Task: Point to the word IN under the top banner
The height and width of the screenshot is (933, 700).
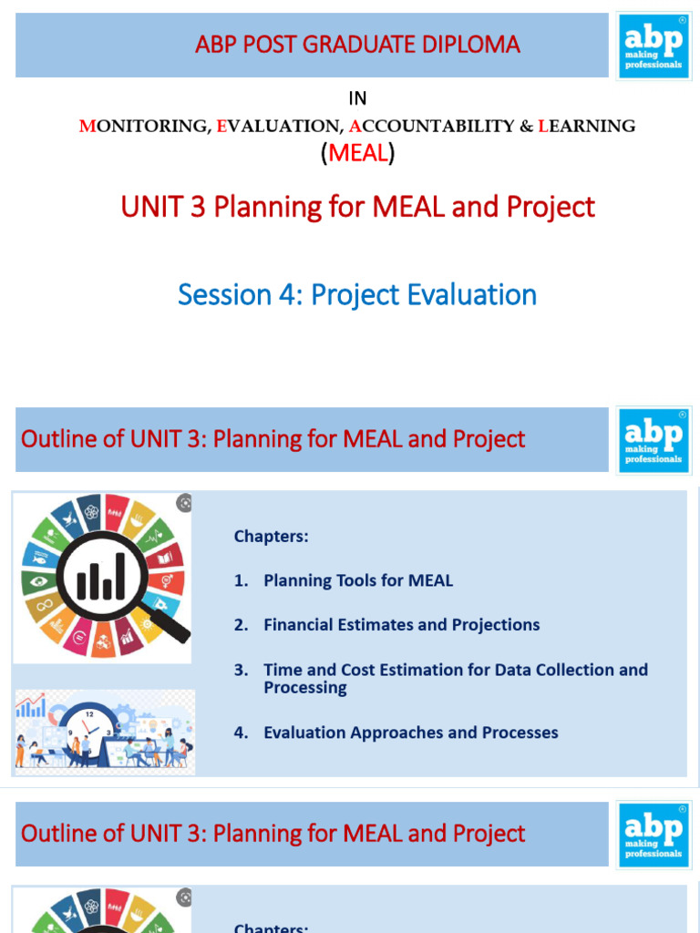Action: click(x=357, y=98)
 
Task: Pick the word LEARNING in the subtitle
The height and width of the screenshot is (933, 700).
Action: click(x=587, y=127)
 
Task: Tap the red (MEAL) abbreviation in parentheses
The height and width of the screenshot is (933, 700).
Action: click(x=357, y=153)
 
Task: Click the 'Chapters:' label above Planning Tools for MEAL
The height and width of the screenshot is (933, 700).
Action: click(x=271, y=537)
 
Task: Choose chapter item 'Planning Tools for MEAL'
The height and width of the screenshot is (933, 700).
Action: click(x=357, y=580)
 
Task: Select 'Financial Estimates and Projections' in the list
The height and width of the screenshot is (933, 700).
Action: click(x=401, y=625)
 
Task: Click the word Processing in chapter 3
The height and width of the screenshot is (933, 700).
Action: click(x=304, y=688)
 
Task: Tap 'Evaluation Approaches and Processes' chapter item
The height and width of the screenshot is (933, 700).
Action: click(x=410, y=733)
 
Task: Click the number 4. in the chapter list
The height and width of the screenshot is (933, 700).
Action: click(x=241, y=733)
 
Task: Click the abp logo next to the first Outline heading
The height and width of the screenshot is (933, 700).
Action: click(x=653, y=439)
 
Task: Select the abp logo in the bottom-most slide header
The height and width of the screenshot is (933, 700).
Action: click(x=653, y=834)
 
